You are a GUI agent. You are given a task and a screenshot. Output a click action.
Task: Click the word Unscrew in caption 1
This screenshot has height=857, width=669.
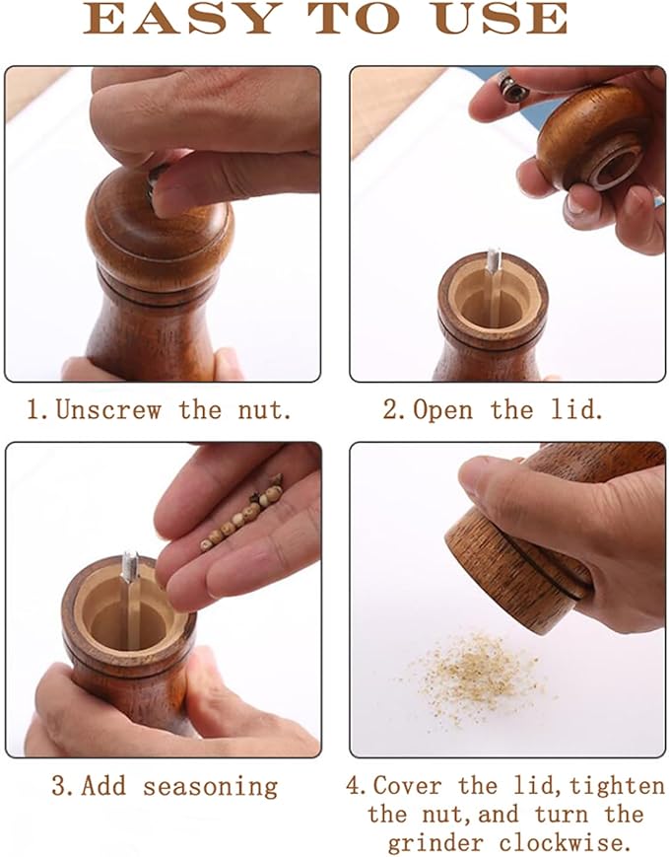point(107,409)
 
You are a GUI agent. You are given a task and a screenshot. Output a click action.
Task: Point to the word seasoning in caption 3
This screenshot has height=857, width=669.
point(210,786)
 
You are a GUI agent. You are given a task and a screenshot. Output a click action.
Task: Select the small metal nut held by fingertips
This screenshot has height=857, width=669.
point(513,88)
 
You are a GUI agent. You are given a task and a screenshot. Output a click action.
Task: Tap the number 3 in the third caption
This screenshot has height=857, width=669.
point(58,786)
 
